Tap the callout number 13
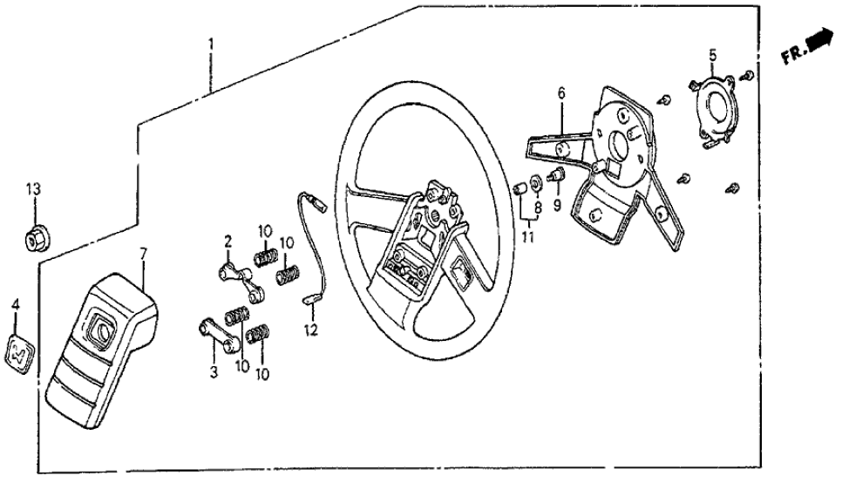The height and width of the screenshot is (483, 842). click(x=33, y=189)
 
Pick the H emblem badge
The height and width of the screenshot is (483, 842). click(x=18, y=351)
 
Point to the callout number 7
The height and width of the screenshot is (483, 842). click(x=145, y=253)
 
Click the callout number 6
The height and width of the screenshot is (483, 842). click(x=561, y=92)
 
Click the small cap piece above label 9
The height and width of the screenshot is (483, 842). click(x=555, y=178)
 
